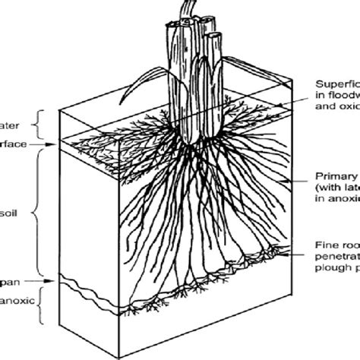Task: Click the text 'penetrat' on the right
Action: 337,258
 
